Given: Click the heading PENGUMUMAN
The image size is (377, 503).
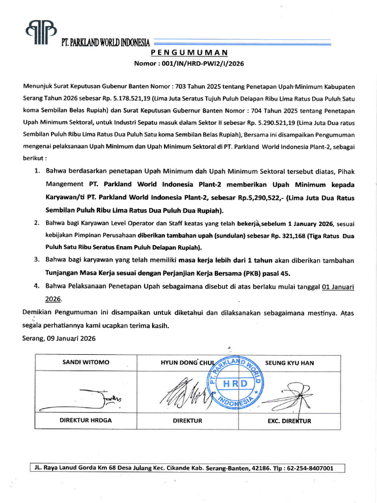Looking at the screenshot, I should (188, 53).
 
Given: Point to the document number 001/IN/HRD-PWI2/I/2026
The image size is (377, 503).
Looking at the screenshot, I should (206, 63).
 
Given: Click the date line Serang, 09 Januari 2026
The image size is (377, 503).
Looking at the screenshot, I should (59, 338).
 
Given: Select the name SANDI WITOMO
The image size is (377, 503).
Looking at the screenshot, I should (86, 363).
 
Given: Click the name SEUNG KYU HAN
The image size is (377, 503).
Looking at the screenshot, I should (290, 363).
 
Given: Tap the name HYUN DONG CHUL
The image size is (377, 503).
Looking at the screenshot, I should (185, 363).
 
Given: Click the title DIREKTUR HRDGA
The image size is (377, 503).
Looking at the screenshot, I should (86, 420).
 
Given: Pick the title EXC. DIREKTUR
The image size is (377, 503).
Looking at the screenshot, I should (290, 421).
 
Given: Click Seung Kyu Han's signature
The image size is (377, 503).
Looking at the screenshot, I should (290, 395).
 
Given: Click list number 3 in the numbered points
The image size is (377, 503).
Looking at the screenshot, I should (36, 259).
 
